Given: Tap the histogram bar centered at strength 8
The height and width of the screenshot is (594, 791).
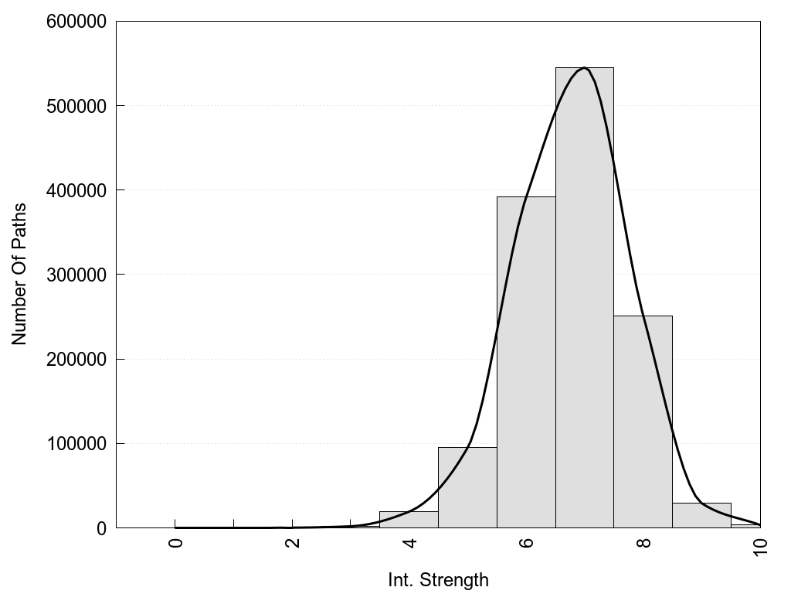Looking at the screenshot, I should click(x=643, y=422).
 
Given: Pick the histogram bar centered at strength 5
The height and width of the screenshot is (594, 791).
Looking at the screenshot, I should click(x=467, y=487).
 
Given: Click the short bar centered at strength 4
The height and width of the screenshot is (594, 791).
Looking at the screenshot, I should click(x=409, y=520).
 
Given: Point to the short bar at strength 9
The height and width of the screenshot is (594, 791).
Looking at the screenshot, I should click(x=701, y=516).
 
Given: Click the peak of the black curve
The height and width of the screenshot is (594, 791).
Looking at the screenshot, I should click(x=584, y=68).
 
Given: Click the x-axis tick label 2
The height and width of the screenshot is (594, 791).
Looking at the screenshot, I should click(x=293, y=542).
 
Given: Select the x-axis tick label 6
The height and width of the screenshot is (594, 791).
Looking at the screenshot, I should click(x=527, y=542).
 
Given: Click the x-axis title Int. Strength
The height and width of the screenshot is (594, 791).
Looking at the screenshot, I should click(x=438, y=579).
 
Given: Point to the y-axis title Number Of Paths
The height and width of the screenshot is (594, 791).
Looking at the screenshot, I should click(x=19, y=275).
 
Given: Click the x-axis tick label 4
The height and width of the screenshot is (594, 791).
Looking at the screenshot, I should click(x=410, y=542).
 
